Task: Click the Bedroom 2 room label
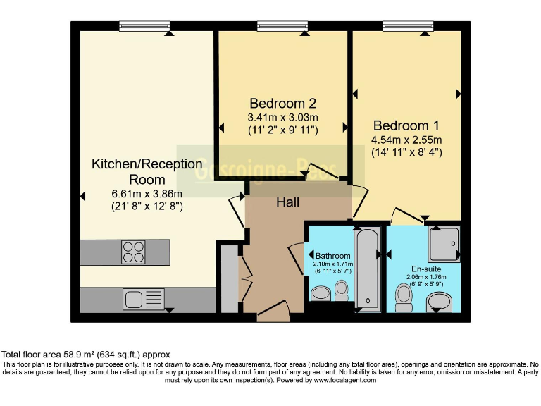282,103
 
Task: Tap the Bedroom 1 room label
406,126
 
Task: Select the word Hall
287,202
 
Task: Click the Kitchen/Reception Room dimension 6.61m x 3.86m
147,194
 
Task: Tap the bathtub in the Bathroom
367,269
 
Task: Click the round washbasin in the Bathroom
321,294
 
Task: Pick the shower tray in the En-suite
444,244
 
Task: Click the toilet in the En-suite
404,297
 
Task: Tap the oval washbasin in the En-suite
442,303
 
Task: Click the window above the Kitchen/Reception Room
145,27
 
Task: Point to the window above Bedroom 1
408,27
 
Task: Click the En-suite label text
427,269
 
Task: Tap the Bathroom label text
332,256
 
